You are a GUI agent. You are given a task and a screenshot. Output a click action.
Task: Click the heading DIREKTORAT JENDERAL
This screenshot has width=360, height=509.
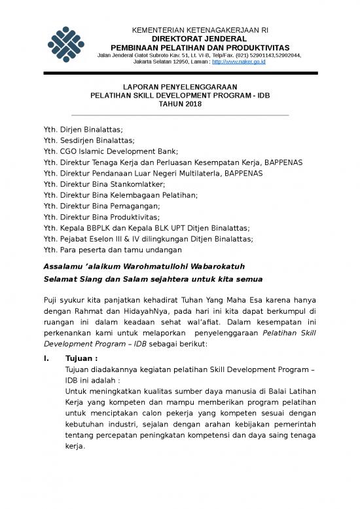(200, 39)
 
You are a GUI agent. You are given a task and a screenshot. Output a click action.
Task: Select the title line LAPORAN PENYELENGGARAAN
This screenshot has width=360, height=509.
(181, 87)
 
